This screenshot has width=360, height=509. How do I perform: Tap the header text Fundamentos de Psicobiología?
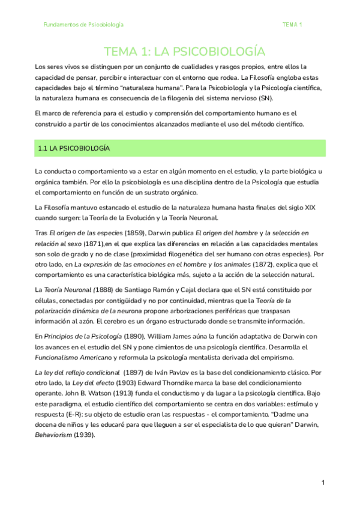[83, 25]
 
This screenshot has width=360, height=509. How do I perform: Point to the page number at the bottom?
[323, 483]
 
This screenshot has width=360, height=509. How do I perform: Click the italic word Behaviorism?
[53, 436]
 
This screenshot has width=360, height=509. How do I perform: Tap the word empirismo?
[287, 358]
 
